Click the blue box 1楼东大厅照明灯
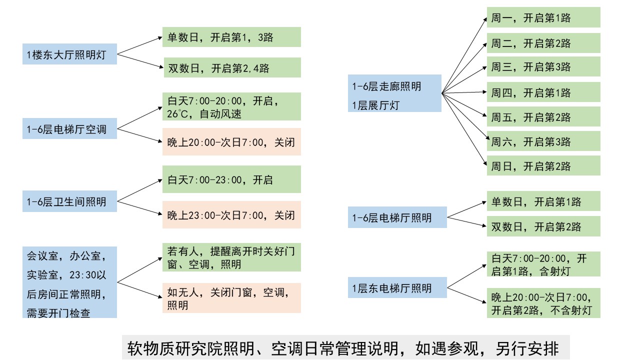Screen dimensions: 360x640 [69, 53]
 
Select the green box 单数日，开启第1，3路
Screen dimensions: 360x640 [231, 37]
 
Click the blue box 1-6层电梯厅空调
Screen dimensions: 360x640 [69, 129]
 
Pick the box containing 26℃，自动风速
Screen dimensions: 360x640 [231, 106]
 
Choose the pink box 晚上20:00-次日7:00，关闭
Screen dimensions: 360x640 [231, 142]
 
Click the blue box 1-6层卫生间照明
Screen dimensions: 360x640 [69, 202]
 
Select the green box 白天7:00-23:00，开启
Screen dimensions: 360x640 [231, 179]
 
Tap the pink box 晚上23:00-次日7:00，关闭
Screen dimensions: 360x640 [231, 215]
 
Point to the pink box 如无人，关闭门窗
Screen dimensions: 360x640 [231, 298]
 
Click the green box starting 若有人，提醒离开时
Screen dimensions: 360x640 [231, 257]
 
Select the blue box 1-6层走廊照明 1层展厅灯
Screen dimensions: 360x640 [394, 93]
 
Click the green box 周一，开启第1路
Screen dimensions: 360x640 [543, 18]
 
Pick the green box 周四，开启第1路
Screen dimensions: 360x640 [543, 92]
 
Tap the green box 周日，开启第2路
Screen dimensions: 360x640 [543, 166]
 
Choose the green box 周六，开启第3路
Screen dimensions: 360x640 [543, 141]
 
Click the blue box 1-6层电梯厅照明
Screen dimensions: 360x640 [397, 218]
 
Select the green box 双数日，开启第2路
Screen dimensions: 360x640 [543, 226]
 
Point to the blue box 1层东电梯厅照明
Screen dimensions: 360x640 [397, 288]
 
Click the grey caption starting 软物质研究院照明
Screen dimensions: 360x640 [345, 347]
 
